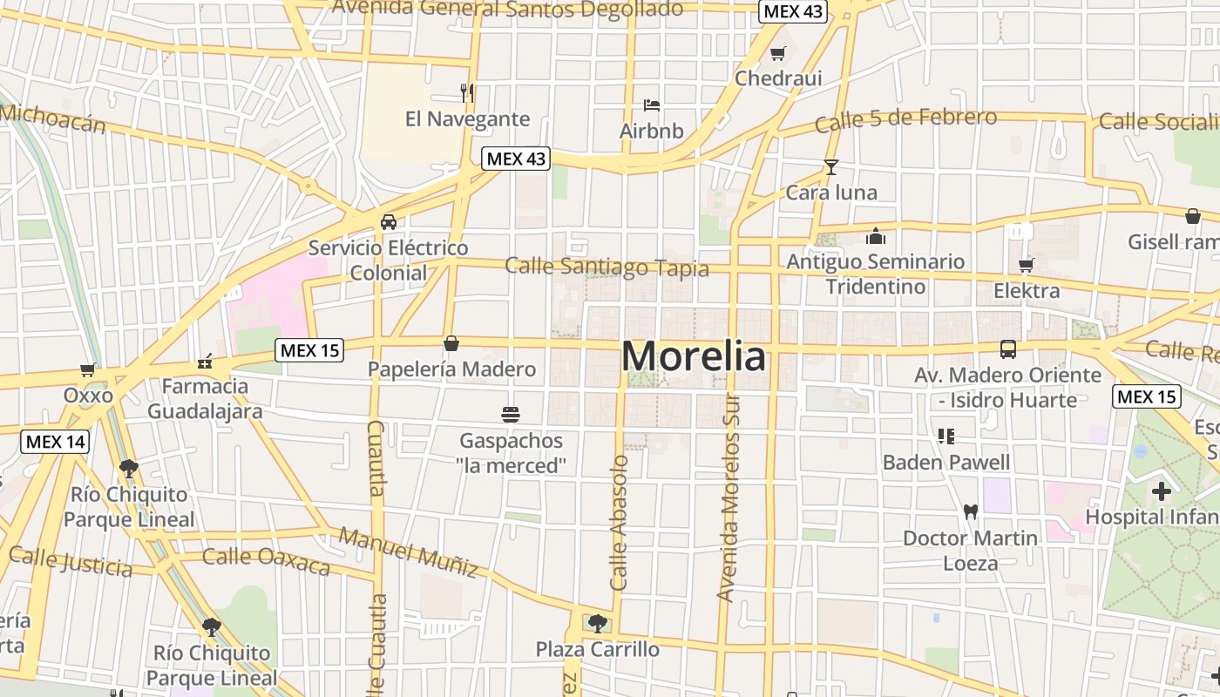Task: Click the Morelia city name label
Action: [x=695, y=356]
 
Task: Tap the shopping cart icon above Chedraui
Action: [x=778, y=54]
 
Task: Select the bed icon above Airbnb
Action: [x=651, y=105]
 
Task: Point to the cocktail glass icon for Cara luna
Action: [x=830, y=166]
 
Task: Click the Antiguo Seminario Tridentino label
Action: [x=875, y=274]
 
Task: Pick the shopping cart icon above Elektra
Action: [x=1027, y=265]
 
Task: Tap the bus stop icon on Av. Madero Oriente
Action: [x=1008, y=349]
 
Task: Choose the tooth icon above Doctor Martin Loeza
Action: [x=970, y=512]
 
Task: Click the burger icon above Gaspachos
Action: [x=511, y=414]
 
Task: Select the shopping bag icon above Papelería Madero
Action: [x=451, y=343]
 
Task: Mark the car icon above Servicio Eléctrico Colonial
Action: [x=389, y=221]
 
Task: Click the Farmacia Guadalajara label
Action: [x=205, y=398]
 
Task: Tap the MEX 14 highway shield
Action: [x=55, y=442]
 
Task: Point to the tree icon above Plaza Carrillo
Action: [x=597, y=623]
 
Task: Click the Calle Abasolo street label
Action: [x=619, y=523]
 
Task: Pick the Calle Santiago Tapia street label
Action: [x=607, y=267]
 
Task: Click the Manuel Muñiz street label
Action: [x=409, y=552]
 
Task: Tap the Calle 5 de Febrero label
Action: [x=905, y=120]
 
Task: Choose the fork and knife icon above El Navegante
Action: [x=467, y=92]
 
